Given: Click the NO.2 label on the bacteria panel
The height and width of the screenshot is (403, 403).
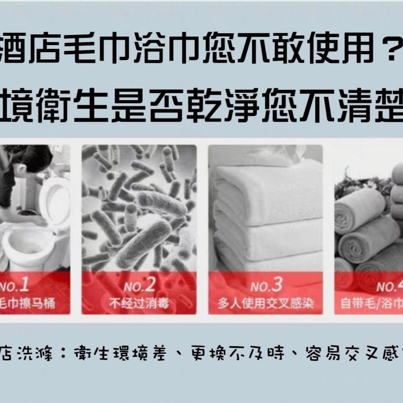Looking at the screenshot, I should click(139, 286).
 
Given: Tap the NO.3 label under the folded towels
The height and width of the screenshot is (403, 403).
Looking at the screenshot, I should click(266, 286).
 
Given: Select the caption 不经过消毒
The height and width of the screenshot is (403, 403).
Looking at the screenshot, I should click(139, 303).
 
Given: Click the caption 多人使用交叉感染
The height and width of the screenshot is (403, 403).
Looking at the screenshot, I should click(266, 304).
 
